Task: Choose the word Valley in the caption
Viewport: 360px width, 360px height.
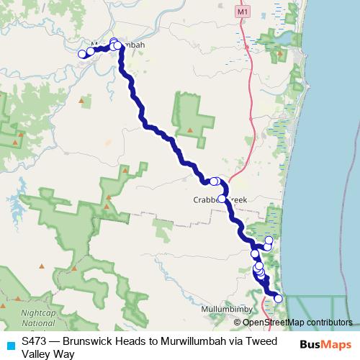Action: click(36, 354)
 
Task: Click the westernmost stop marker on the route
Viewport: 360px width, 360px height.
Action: click(82, 53)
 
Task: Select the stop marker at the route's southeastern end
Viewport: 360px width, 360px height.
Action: click(278, 298)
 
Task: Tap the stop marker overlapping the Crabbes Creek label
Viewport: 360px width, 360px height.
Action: click(222, 199)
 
